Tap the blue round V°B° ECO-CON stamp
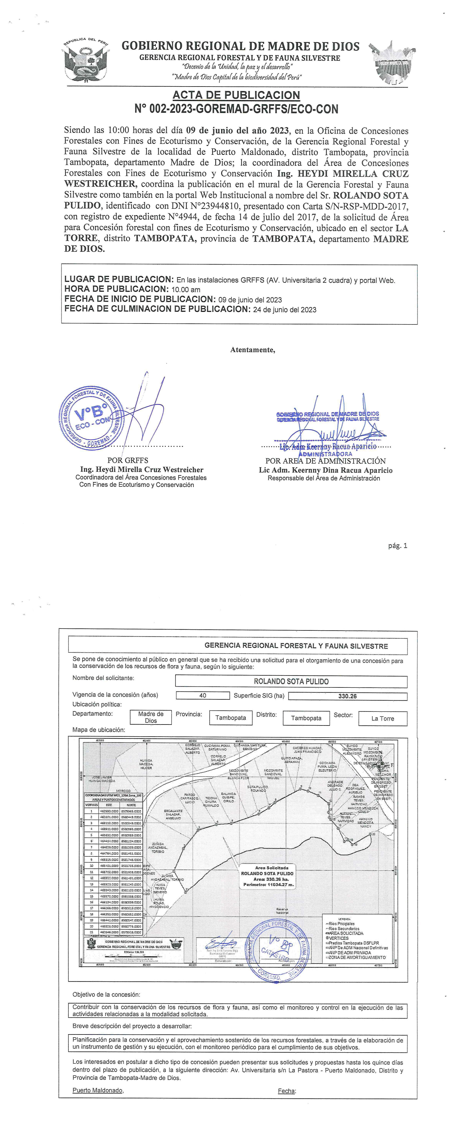(90, 418)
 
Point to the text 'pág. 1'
(397, 546)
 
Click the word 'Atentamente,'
(253, 350)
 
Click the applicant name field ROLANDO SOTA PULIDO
(291, 681)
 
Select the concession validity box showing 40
(203, 695)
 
